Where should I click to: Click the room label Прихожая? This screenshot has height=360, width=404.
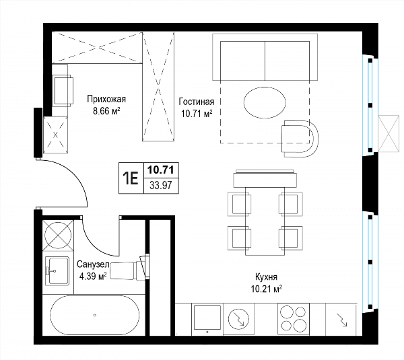point(106,99)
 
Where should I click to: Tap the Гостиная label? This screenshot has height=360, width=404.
point(197,102)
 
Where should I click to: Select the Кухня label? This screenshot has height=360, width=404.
point(266,277)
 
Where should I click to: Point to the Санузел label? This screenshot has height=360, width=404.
point(94,264)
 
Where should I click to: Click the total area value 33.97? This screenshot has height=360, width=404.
point(161,185)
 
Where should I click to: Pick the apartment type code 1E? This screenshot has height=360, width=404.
point(131,178)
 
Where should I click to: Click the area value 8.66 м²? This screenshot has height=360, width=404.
point(106,111)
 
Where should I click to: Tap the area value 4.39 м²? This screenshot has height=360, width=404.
point(93,277)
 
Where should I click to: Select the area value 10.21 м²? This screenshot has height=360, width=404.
point(267,289)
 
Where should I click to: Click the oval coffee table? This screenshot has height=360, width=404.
point(265,102)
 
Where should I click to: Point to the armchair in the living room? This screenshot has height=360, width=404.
point(300,139)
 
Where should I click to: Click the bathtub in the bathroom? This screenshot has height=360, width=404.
point(94,315)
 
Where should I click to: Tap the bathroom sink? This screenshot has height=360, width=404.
point(57,271)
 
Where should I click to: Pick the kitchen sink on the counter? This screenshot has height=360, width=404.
point(207,318)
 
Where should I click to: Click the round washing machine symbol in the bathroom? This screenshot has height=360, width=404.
point(58,235)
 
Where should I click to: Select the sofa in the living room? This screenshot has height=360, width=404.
point(265,57)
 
